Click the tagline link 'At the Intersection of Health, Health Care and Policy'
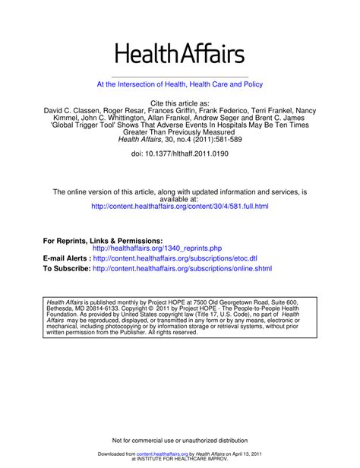pyautogui.click(x=180, y=84)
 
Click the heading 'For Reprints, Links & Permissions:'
pyautogui.click(x=103, y=240)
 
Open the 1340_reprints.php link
pyautogui.click(x=157, y=248)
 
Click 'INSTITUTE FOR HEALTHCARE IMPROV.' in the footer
pyautogui.click(x=180, y=458)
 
